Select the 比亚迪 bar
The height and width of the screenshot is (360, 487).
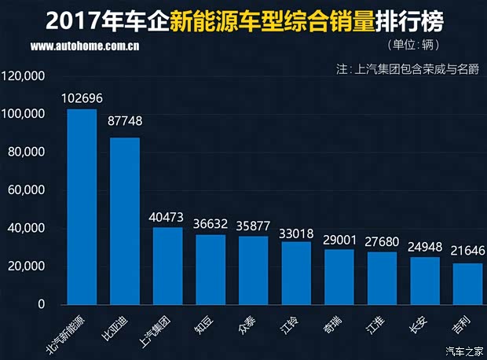125,221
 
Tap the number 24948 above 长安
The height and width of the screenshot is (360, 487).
425,247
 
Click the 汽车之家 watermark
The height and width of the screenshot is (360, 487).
463,351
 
